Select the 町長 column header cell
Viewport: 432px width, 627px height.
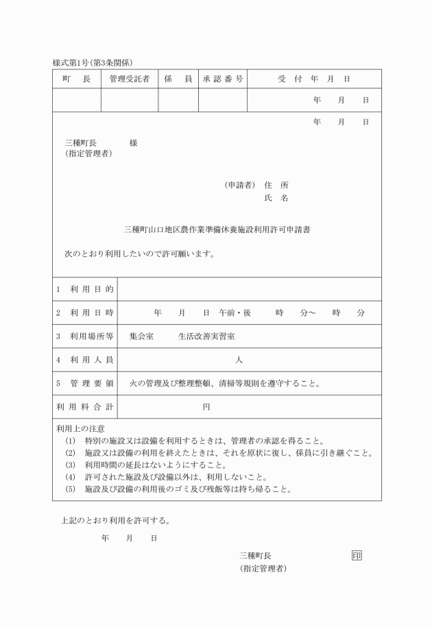tap(77, 79)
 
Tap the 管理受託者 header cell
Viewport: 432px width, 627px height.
tap(130, 79)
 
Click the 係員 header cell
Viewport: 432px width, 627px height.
tap(178, 79)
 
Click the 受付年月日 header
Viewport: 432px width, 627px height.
tap(314, 79)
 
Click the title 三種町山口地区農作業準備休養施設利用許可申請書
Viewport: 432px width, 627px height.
tap(216, 230)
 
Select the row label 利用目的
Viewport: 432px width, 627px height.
tap(85, 289)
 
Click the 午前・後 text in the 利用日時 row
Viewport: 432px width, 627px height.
tap(235, 312)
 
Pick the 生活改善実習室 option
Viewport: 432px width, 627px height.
tap(204, 336)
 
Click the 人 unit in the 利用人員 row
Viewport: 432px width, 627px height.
tap(239, 360)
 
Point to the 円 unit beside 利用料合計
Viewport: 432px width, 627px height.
tap(206, 407)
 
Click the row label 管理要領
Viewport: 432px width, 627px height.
tap(85, 383)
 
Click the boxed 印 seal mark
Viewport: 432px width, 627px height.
tap(356, 555)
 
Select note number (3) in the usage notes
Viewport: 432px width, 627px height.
tap(70, 465)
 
